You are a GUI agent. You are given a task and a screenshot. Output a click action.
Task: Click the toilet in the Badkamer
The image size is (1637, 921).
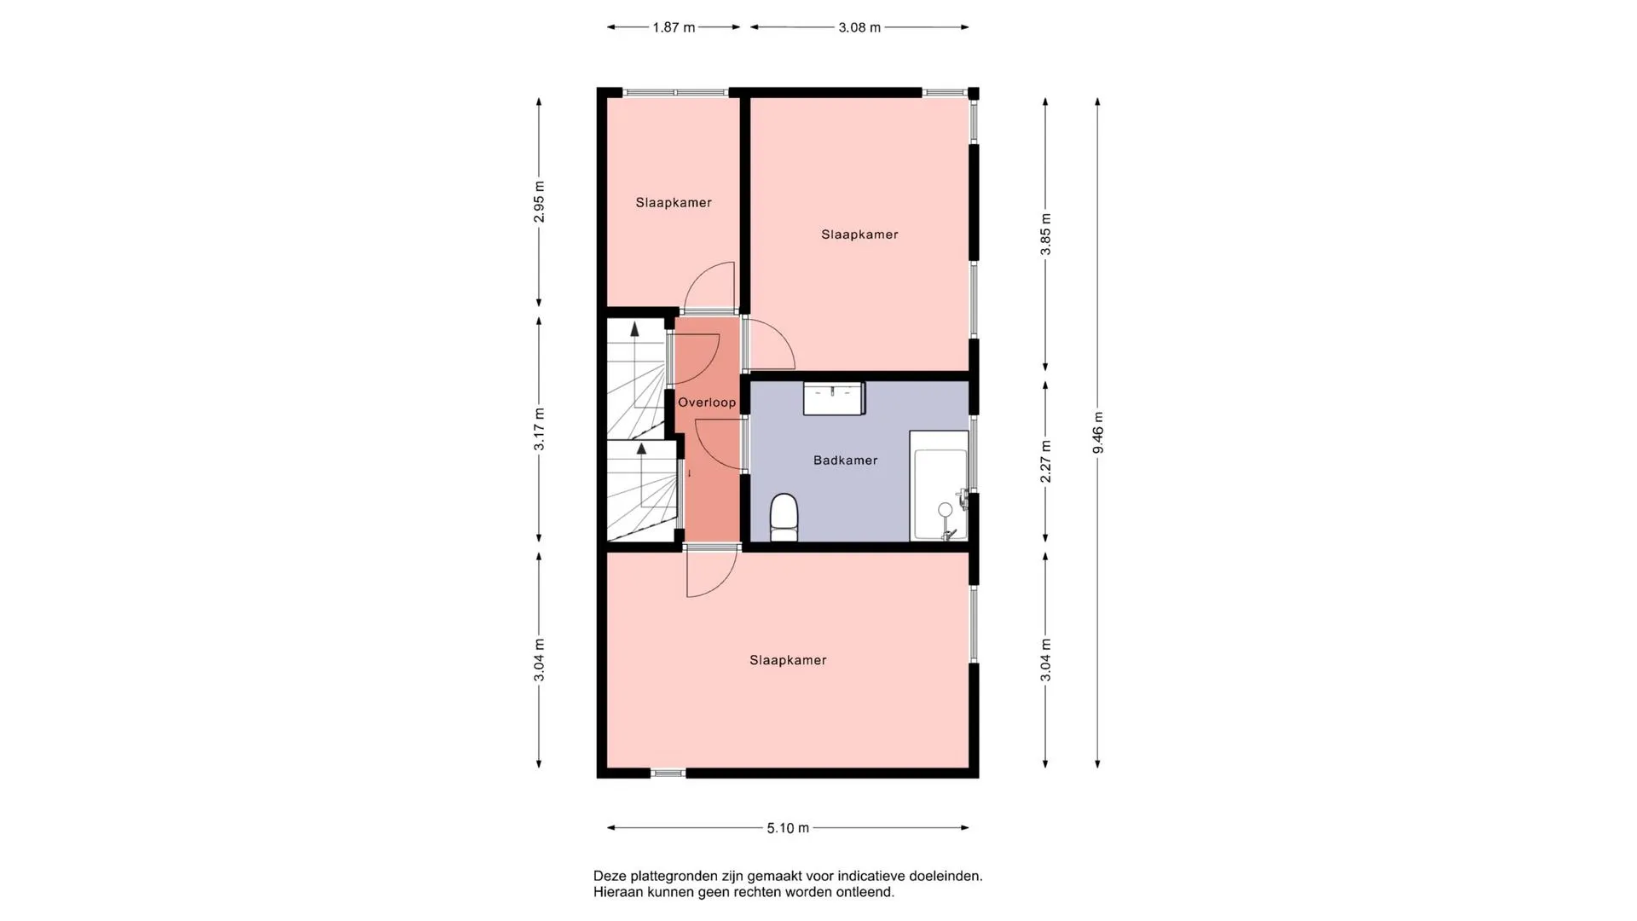784,518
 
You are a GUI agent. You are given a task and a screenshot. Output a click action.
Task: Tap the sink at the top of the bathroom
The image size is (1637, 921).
834,398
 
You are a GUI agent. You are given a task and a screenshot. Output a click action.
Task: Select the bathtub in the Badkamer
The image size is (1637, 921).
939,485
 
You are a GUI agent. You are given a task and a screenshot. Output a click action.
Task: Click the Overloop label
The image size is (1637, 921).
707,403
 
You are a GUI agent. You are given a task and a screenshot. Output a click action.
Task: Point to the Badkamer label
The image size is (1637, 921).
845,460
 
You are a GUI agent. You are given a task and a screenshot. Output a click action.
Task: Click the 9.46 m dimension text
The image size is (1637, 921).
1098,433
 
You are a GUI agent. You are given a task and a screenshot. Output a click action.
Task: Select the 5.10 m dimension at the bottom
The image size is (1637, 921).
788,828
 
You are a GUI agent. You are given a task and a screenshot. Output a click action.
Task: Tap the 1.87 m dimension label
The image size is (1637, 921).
674,27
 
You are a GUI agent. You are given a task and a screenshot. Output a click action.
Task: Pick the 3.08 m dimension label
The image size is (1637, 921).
859,27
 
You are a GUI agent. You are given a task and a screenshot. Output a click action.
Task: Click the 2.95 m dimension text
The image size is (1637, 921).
539,202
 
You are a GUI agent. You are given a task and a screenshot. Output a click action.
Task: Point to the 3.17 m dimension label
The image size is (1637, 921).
539,430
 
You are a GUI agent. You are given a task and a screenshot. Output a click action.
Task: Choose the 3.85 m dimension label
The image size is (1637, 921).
1046,235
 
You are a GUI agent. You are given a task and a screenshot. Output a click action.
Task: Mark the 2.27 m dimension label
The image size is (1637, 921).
1046,461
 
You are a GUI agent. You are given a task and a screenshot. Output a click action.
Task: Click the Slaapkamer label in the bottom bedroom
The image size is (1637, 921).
788,660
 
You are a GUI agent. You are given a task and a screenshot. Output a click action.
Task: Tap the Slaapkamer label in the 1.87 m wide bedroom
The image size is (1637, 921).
674,203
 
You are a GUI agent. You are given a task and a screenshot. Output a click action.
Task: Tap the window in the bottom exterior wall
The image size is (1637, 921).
668,773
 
